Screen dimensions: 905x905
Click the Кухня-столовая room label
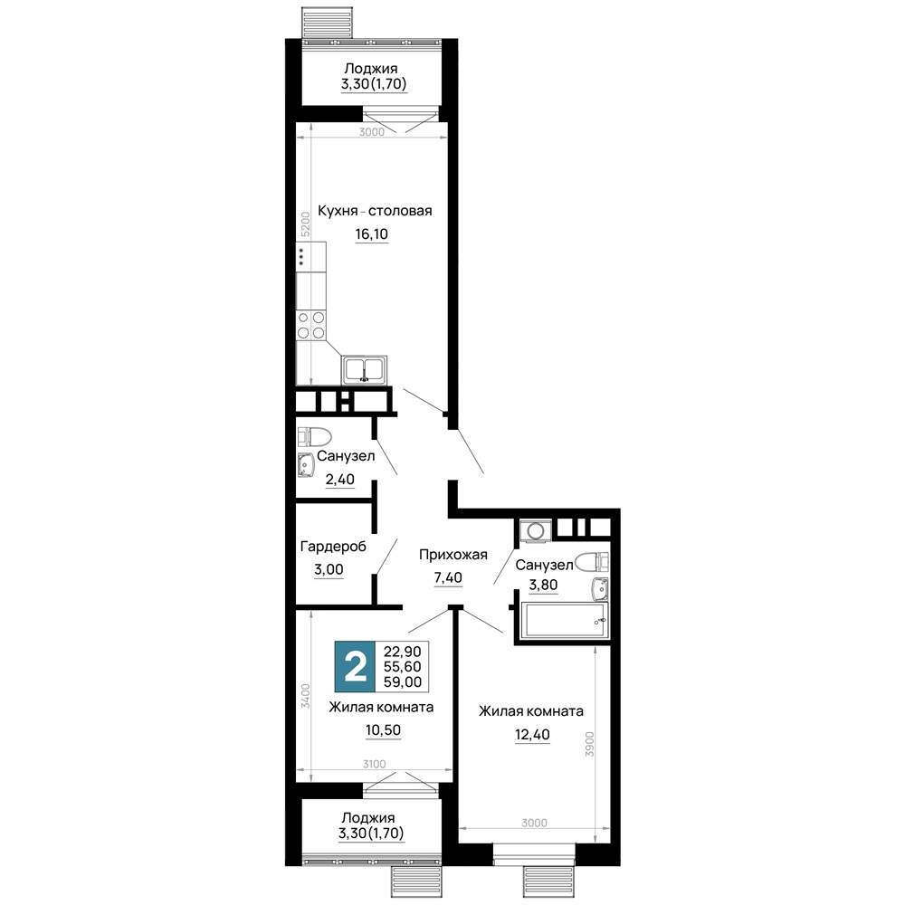pos(375,211)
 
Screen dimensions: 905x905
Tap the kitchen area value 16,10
pos(372,233)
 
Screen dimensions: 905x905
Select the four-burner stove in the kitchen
pos(311,326)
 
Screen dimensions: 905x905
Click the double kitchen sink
pos(364,369)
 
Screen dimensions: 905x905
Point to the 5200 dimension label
pos(306,224)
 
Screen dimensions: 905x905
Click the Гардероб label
pos(333,546)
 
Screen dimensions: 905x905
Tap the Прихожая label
pos(453,555)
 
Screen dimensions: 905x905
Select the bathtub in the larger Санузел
pos(564,621)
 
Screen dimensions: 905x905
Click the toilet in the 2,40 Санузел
pos(314,437)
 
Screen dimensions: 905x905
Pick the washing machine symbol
pos(536,530)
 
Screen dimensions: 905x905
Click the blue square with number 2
pos(355,667)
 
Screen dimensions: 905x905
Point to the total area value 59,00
pos(403,681)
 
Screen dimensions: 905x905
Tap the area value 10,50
pos(383,730)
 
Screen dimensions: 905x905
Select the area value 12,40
pos(532,735)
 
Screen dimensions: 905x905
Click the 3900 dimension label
pos(589,745)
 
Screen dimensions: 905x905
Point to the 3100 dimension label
pos(374,764)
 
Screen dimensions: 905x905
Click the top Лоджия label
pos(371,69)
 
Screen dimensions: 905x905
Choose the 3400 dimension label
pos(306,696)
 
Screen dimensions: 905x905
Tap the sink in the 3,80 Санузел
pos(600,589)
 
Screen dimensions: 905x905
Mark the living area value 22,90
pos(403,651)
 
